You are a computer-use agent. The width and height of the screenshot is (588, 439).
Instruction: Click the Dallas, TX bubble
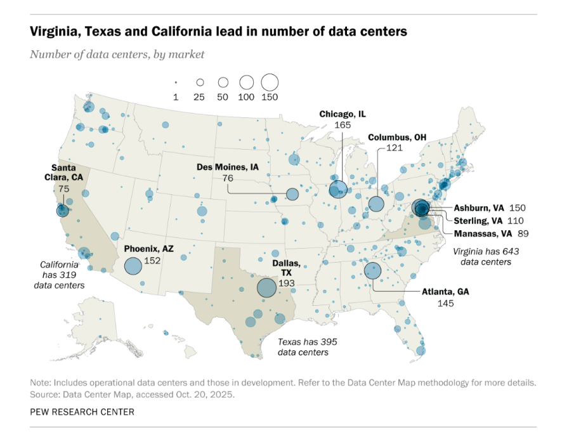pos(266,288)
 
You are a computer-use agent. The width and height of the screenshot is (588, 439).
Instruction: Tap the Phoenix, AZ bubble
pos(133,266)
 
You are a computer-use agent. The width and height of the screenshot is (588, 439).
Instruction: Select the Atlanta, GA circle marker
pos(372,271)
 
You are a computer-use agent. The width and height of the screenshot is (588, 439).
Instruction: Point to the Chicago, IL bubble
pos(338,189)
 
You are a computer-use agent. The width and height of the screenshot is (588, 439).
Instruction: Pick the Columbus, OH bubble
pos(377,204)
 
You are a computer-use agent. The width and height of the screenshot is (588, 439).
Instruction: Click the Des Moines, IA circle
pos(292,194)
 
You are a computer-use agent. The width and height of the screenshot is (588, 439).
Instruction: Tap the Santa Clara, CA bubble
pos(62,210)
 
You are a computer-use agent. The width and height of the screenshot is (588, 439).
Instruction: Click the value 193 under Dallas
pos(287,283)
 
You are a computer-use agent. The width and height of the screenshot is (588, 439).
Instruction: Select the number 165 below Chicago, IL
pos(343,125)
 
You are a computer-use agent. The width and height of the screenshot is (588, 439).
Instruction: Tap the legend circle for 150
pos(270,82)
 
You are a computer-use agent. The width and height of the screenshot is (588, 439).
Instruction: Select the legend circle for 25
pos(200,82)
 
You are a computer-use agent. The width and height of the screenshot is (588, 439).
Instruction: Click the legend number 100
pos(246,97)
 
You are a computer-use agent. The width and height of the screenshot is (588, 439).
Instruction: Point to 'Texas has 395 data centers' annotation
pos(307,346)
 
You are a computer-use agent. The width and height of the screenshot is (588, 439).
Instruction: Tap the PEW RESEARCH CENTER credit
pos(82,412)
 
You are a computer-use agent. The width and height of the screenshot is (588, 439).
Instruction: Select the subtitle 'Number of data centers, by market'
pos(117,54)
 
